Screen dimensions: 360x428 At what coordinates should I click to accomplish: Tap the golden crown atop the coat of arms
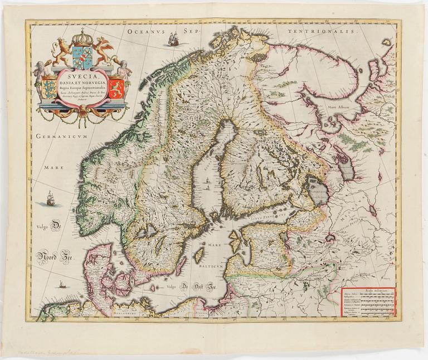coord(82,38)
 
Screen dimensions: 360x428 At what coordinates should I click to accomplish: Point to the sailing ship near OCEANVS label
coord(173,39)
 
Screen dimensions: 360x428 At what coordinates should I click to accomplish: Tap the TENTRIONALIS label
coord(321,33)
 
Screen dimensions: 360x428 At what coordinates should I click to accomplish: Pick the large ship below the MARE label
coord(50,198)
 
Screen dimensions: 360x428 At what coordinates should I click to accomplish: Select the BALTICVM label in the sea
coord(211,266)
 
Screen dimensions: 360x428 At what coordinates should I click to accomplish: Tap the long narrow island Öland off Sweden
coord(181,265)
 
